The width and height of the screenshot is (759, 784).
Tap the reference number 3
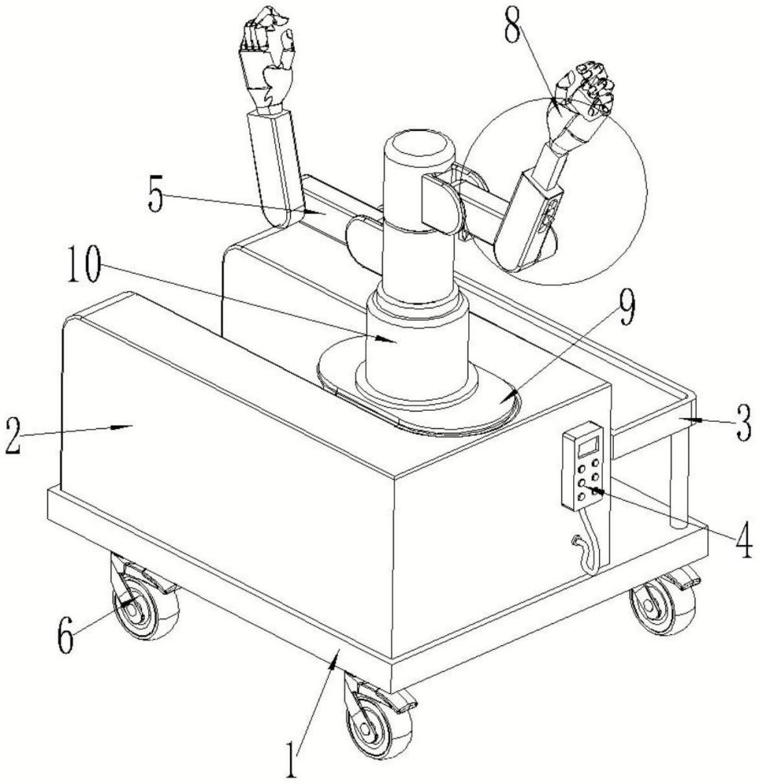[743, 423]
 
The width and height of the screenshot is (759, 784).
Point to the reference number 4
[743, 539]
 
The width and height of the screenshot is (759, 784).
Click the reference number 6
[67, 637]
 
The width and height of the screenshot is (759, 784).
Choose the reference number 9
[627, 308]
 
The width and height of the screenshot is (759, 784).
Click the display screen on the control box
[588, 446]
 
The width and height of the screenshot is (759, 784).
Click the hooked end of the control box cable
[577, 541]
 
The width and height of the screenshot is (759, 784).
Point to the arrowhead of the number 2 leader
[122, 426]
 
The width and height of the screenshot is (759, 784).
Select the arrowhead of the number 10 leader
[387, 340]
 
